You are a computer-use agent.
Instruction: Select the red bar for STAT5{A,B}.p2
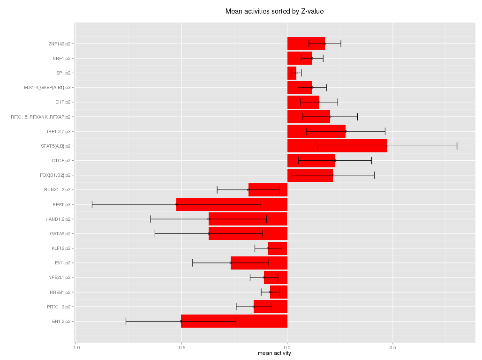337,146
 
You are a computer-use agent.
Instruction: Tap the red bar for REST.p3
232,204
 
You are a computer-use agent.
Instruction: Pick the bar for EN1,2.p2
234,321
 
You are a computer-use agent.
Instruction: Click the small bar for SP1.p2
292,73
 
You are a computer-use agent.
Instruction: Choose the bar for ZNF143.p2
306,44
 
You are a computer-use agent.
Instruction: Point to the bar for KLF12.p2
278,248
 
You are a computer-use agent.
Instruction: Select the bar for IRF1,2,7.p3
316,131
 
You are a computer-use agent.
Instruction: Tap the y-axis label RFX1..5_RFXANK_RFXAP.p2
41,117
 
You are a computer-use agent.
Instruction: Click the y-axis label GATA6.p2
60,233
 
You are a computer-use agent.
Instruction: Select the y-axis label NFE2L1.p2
60,277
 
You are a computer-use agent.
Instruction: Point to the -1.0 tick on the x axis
75,347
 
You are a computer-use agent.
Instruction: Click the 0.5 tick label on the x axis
392,347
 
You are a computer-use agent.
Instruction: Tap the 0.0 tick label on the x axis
287,347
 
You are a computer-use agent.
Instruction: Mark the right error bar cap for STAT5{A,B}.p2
457,146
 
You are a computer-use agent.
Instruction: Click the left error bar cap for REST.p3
92,204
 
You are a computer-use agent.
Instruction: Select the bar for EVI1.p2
259,262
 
